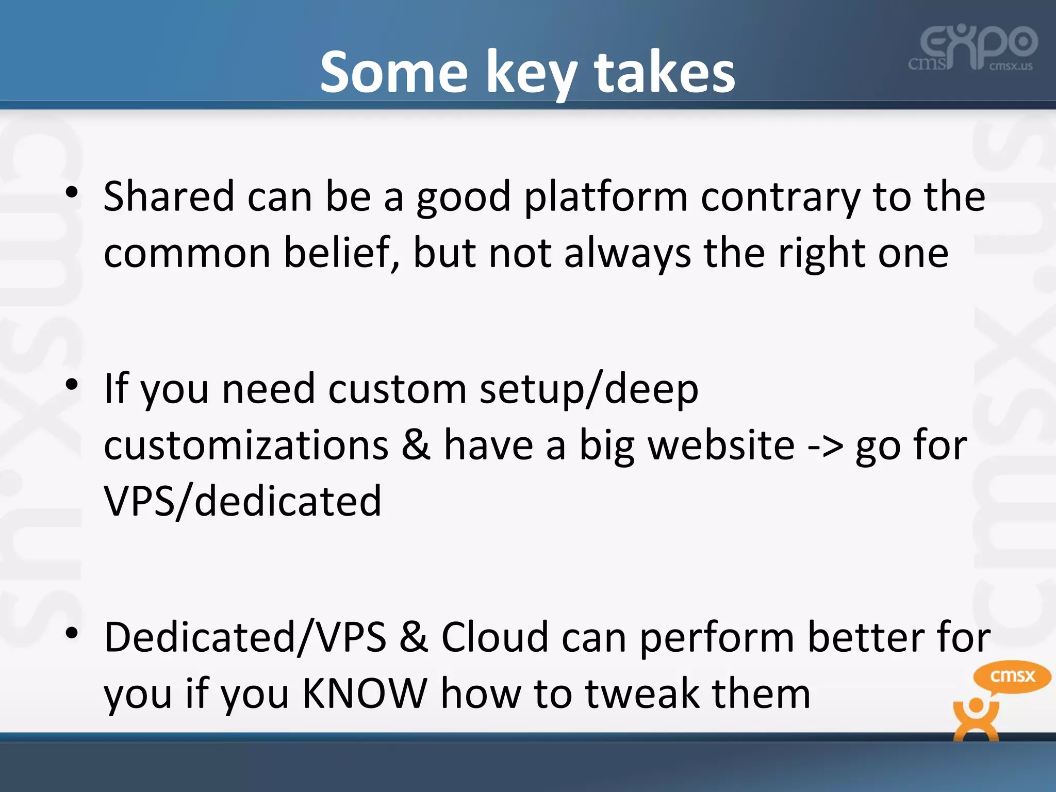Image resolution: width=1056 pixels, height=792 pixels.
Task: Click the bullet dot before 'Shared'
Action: [72, 192]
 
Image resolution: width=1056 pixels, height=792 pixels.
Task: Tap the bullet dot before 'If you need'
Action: [72, 384]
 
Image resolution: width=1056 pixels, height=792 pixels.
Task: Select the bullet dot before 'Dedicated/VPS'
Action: [72, 632]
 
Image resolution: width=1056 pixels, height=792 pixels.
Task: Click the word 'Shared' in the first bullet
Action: [169, 196]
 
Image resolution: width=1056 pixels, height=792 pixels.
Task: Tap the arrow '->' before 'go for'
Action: [825, 445]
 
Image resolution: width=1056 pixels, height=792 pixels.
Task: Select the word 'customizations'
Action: [246, 445]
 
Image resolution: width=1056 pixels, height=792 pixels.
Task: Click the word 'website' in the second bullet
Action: [721, 445]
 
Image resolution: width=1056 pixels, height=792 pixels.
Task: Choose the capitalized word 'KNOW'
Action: [365, 694]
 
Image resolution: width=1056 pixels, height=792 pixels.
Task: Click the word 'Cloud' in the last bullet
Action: [494, 637]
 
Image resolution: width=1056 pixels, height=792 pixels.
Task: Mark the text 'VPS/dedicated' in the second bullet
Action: [242, 502]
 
